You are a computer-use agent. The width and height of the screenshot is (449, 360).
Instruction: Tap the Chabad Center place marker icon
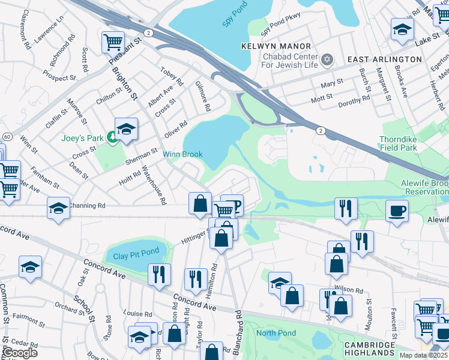327,59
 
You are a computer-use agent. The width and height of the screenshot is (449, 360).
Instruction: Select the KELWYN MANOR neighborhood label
276,46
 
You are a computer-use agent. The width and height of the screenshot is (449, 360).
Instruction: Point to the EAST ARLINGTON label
385,59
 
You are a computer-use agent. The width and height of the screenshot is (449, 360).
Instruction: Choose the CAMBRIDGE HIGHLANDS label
369,349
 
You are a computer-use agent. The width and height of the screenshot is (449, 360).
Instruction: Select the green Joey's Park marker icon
112,137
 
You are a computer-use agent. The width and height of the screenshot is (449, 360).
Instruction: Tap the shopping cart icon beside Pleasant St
113,42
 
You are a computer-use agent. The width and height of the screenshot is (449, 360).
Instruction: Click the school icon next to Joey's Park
127,128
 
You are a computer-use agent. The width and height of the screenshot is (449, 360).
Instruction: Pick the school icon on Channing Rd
58,208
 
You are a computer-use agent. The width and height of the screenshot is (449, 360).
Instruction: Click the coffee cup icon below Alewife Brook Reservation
397,211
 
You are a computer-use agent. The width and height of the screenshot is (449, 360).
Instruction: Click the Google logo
19,352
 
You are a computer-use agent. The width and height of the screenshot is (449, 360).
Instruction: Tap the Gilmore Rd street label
202,97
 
